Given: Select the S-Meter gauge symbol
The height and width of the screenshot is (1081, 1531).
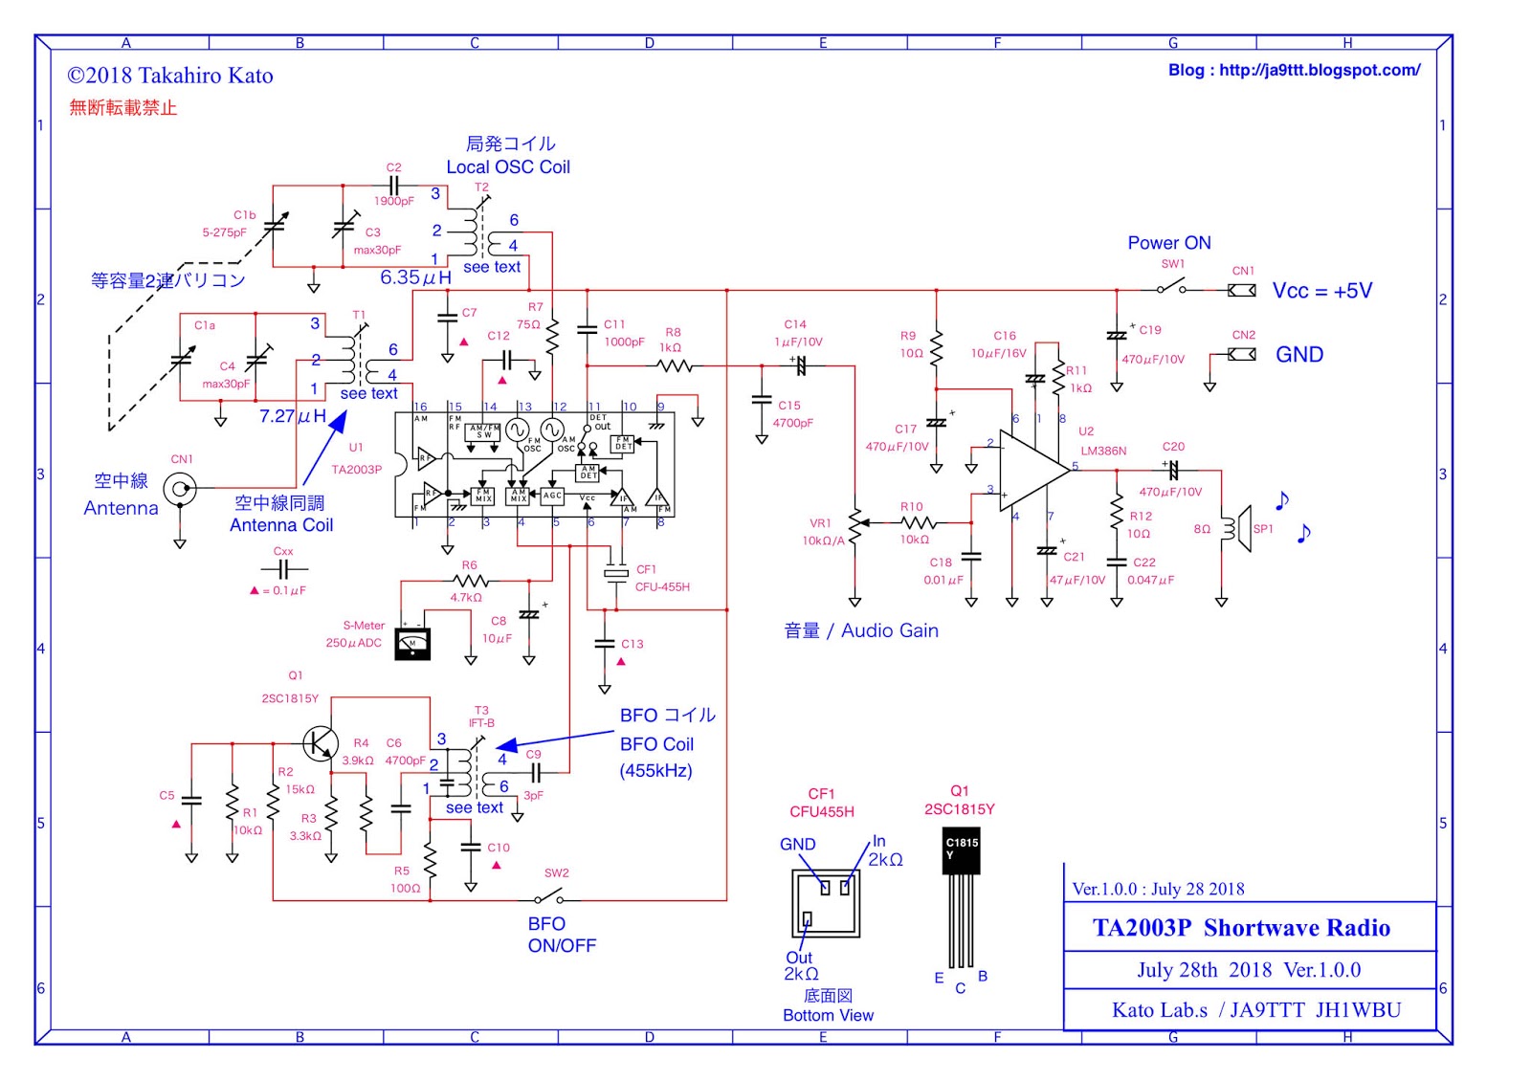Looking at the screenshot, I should tap(412, 643).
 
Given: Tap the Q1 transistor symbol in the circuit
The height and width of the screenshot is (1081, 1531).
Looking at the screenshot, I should tap(320, 742).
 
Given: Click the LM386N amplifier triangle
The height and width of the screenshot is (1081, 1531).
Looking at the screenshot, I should tap(1032, 470).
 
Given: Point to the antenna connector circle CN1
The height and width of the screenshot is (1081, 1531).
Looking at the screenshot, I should tap(179, 490).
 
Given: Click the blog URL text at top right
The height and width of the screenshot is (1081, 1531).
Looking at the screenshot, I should tap(1294, 70).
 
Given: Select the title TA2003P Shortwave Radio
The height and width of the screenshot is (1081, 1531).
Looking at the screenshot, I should tap(1241, 927).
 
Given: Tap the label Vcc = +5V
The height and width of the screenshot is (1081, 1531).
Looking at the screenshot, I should tap(1321, 291).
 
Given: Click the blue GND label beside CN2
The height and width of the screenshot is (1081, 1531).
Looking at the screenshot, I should tap(1298, 355).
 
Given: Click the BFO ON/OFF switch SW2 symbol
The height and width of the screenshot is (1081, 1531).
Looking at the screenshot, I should tap(548, 898).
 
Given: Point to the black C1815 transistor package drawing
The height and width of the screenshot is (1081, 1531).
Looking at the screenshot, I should tap(961, 851).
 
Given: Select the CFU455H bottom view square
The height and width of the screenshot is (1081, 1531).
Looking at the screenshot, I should tap(826, 904).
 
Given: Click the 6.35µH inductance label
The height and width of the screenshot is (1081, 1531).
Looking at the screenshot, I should tap(415, 277).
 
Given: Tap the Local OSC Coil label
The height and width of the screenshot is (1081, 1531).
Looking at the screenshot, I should tap(507, 166).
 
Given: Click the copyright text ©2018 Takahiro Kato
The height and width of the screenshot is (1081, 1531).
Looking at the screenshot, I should tap(170, 76).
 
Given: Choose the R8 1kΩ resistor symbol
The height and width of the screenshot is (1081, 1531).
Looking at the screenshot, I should tap(675, 365).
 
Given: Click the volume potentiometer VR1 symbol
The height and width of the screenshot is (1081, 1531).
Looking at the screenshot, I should tap(854, 524).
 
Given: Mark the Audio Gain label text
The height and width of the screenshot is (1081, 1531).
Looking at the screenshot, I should tap(889, 630).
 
